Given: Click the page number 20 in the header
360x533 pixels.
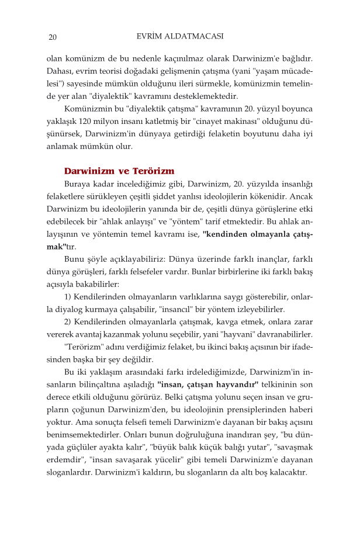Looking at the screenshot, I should (x=53, y=39).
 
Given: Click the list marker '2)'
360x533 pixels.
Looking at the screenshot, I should (x=68, y=322).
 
